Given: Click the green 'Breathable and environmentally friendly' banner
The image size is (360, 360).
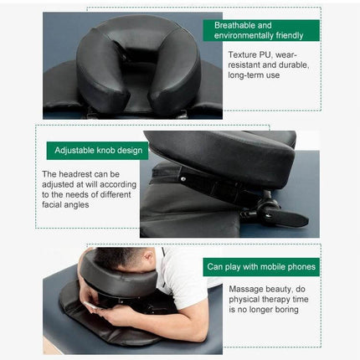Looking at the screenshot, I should [261, 31].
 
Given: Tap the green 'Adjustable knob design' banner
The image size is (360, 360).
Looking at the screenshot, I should [97, 151].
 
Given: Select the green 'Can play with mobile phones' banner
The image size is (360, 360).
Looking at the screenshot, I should [261, 267].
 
